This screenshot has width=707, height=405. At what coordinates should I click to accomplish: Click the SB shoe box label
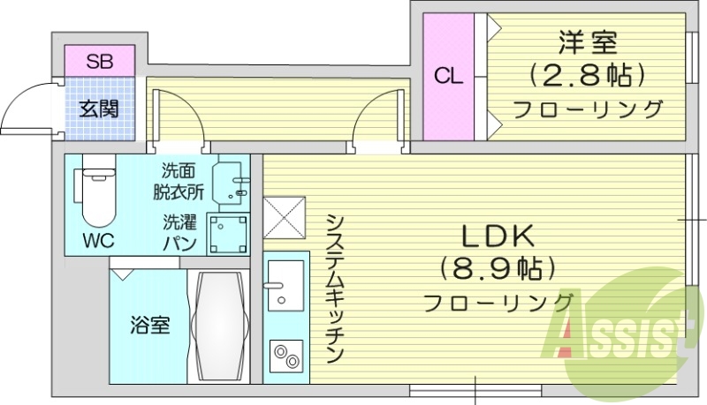click(99, 62)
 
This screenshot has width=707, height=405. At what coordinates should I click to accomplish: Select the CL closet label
click(448, 76)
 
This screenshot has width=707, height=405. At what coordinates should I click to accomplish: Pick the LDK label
click(496, 236)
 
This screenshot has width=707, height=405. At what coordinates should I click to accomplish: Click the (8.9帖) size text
click(496, 267)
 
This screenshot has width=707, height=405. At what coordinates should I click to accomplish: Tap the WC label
click(97, 239)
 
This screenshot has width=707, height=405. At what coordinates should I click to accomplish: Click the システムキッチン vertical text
click(333, 288)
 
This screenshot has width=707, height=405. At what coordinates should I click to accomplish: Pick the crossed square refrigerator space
click(284, 217)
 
